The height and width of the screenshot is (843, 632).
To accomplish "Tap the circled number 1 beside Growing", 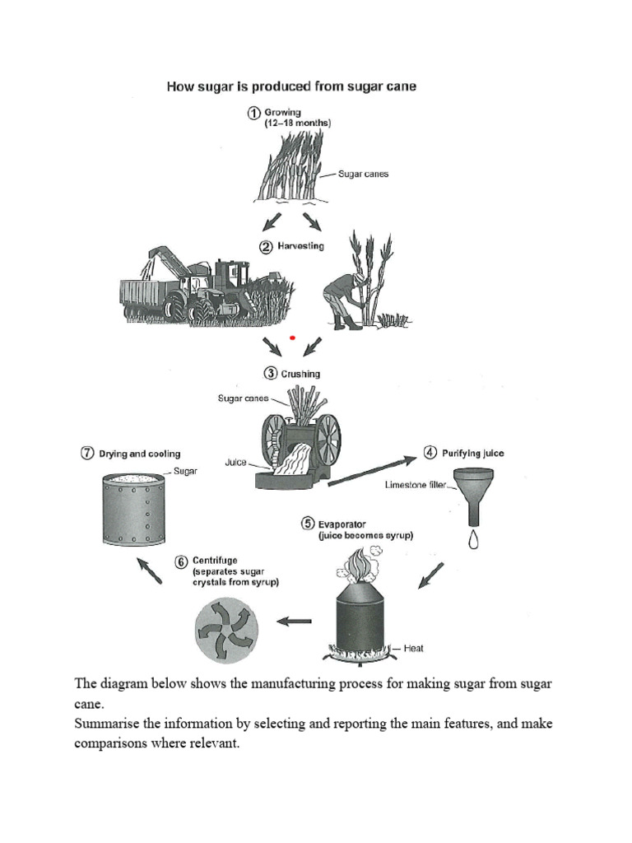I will pyautogui.click(x=254, y=114).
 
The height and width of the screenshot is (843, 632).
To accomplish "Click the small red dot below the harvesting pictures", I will pyautogui.click(x=292, y=337).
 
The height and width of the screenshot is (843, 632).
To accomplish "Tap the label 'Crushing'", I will pyautogui.click(x=300, y=374).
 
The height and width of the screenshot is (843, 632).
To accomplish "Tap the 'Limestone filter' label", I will pyautogui.click(x=416, y=485).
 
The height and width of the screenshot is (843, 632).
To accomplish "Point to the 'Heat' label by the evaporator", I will pyautogui.click(x=414, y=649).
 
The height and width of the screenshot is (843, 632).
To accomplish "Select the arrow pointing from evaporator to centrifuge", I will pyautogui.click(x=294, y=622).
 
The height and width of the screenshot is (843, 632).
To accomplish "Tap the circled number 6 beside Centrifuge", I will pyautogui.click(x=181, y=561).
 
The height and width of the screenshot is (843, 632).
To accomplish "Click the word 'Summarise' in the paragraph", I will pyautogui.click(x=109, y=724).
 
